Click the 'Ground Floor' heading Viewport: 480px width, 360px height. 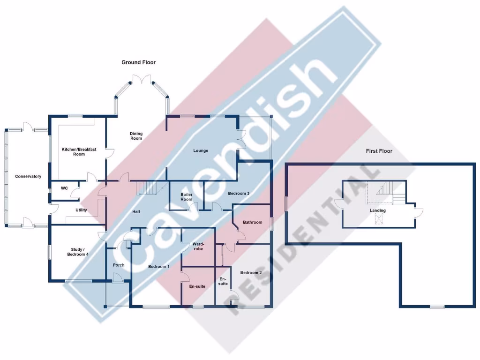138,62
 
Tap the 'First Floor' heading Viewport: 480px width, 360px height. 379,151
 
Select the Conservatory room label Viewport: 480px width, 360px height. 28,176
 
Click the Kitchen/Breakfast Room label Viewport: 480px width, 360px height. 79,151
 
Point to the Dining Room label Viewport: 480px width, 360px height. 136,136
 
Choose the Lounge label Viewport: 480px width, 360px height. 201,150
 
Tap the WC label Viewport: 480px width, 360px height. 64,188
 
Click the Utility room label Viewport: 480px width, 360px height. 81,210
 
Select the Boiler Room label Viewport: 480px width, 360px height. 187,197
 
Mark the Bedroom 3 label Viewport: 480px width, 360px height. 239,193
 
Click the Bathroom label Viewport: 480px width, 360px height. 252,222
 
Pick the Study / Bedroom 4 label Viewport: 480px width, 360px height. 77,252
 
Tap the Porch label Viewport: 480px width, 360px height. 119,265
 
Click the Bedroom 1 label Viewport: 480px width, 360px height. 158,266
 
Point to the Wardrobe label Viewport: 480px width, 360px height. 197,247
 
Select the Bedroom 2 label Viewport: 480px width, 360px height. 251,272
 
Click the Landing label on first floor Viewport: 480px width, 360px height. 378,210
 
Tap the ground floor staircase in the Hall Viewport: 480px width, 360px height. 147,188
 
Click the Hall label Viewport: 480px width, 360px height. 136,212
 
